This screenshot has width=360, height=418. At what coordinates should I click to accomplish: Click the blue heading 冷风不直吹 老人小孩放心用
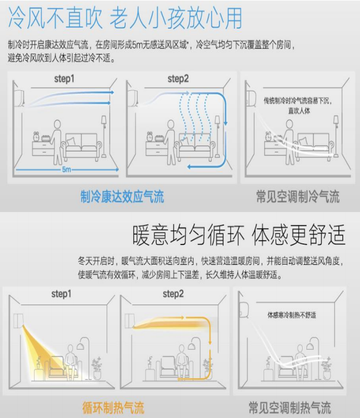pyautogui.click(x=125, y=18)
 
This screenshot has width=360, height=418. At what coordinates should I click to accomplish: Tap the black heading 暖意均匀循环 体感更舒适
pyautogui.click(x=239, y=235)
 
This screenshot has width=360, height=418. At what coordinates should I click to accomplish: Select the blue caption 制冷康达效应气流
pyautogui.click(x=122, y=197)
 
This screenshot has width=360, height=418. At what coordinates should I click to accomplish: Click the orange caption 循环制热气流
pyautogui.click(x=113, y=408)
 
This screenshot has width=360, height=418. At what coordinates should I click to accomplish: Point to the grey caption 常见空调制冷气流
pyautogui.click(x=298, y=197)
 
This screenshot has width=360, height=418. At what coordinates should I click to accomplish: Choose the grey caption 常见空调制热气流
pyautogui.click(x=290, y=408)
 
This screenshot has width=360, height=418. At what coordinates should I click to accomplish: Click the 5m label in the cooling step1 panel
pyautogui.click(x=67, y=169)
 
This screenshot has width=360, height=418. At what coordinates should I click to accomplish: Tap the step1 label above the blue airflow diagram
pyautogui.click(x=64, y=79)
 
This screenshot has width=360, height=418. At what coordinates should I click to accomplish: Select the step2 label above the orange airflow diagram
pyautogui.click(x=173, y=294)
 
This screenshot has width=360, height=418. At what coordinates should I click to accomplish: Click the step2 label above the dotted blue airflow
pyautogui.click(x=178, y=79)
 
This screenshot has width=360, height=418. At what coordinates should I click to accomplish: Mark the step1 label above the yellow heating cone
pyautogui.click(x=61, y=294)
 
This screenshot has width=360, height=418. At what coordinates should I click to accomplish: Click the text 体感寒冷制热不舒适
pyautogui.click(x=292, y=315)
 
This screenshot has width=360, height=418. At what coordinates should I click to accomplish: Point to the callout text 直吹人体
pyautogui.click(x=299, y=111)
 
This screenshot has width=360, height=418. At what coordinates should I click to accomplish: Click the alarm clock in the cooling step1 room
pyautogui.click(x=36, y=136)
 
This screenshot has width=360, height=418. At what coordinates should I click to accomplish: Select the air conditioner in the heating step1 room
pyautogui.click(x=18, y=321)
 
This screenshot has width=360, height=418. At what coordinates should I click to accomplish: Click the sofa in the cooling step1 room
pyautogui.click(x=82, y=146)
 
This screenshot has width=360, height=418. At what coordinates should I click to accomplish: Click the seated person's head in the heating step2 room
pyautogui.click(x=181, y=349)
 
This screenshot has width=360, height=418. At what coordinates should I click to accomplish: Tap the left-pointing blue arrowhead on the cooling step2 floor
pyautogui.click(x=189, y=167)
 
